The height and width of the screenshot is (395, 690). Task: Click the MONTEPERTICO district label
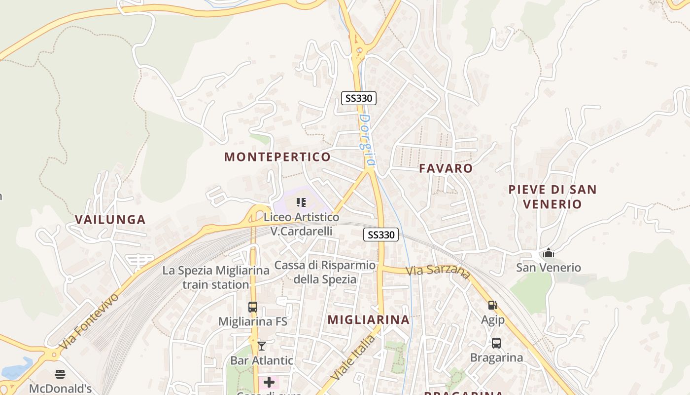pyautogui.click(x=277, y=157)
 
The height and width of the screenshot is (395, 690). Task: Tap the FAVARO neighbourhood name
pyautogui.click(x=446, y=168)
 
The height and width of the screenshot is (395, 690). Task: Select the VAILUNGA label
pyautogui.click(x=110, y=220)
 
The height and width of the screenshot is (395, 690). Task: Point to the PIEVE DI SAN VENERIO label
pyautogui.click(x=552, y=197)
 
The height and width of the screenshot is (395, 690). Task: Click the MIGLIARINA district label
pyautogui.click(x=369, y=319)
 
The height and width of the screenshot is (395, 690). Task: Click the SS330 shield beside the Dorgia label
pyautogui.click(x=359, y=98)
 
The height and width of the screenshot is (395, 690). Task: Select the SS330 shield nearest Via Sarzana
pyautogui.click(x=381, y=235)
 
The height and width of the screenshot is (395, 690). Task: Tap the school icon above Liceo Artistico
pyautogui.click(x=301, y=202)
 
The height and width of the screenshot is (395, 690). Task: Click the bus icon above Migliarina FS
pyautogui.click(x=253, y=307)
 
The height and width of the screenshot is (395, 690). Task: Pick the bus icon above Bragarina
pyautogui.click(x=496, y=343)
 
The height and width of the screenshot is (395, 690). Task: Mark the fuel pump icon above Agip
pyautogui.click(x=492, y=305)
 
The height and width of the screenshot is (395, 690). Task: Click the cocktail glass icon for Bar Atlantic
pyautogui.click(x=262, y=346)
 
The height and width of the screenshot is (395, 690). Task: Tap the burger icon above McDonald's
pyautogui.click(x=60, y=374)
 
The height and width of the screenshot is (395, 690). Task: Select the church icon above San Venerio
pyautogui.click(x=549, y=253)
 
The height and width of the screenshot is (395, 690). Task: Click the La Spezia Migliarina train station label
pyautogui.click(x=216, y=277)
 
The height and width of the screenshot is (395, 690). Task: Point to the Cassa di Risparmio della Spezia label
pyautogui.click(x=325, y=272)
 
